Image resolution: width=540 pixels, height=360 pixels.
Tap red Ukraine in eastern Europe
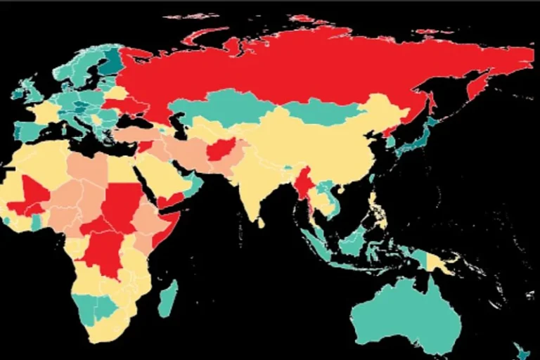click(x=134, y=106)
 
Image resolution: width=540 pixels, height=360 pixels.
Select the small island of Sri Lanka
click(x=261, y=223)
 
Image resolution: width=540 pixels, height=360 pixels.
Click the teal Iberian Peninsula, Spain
click(x=28, y=131)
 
